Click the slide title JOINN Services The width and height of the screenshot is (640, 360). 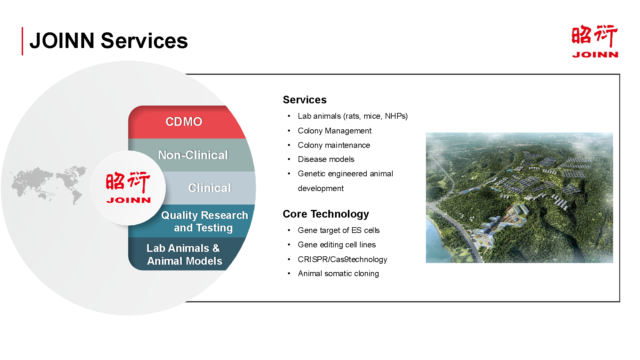point(108,41)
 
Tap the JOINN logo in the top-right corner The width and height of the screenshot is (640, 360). point(595,41)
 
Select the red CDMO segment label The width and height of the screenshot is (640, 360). point(184,122)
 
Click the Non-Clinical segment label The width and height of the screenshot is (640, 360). point(193,155)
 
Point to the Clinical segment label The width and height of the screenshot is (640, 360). point(210,188)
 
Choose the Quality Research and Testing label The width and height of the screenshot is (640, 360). point(204,221)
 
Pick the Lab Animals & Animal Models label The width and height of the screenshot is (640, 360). point(184,254)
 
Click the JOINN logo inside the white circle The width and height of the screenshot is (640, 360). point(128,188)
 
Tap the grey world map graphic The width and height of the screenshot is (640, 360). point(49,185)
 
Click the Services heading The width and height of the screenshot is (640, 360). point(305,100)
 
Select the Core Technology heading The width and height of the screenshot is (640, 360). point(326,214)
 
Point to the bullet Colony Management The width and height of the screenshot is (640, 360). point(334,131)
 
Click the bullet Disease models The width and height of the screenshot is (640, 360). point(326,159)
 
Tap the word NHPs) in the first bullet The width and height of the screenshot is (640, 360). point(396,116)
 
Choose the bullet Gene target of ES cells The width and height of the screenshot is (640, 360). point(339,230)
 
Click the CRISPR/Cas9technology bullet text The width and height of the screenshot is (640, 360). point(342,259)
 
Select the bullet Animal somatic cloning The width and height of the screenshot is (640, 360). point(338,274)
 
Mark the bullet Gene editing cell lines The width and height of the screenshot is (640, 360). point(337,245)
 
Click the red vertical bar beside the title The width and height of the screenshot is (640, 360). point(22,41)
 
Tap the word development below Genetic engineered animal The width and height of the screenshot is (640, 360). point(321,188)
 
